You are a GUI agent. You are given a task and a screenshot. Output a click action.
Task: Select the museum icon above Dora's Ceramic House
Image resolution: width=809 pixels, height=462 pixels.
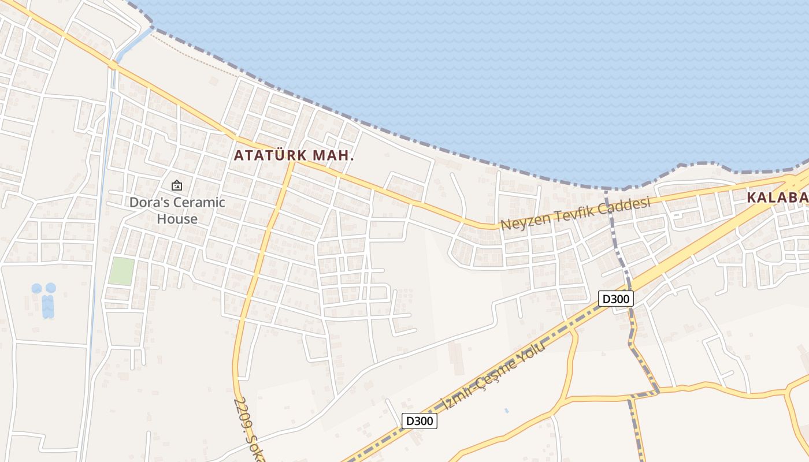(177, 185)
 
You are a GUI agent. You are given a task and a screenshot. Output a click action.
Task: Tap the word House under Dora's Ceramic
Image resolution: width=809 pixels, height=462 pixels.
(177, 219)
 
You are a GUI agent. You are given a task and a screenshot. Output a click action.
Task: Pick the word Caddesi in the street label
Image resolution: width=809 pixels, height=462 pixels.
(626, 206)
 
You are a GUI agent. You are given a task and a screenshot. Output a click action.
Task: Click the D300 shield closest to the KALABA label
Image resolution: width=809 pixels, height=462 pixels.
(616, 299)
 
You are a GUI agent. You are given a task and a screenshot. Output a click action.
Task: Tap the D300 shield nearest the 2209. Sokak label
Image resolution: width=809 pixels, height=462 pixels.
(419, 421)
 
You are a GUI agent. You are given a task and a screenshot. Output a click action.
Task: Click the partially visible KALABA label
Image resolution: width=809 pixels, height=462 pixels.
(777, 198)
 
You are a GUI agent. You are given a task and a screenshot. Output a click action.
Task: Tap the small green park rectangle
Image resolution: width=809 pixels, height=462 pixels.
(121, 271)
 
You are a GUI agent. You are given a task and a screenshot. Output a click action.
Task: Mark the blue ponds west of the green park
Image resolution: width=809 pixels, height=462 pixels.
(44, 299)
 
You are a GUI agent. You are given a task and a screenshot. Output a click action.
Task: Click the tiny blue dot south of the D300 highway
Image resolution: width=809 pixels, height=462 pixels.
(506, 411)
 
